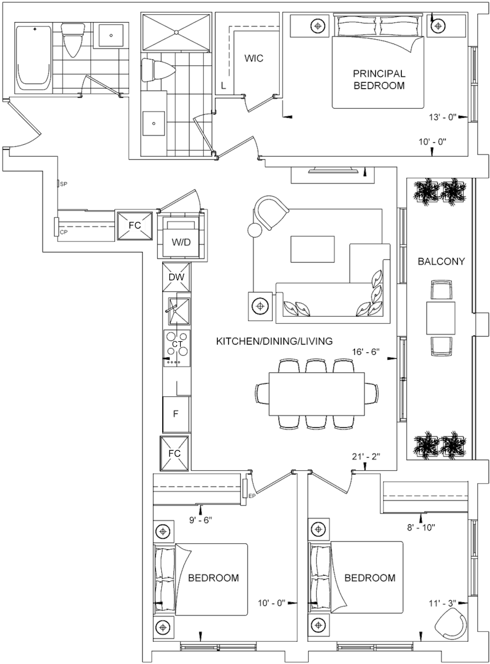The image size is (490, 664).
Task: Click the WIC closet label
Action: coord(254,58)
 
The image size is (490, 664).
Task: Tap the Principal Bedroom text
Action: coord(380,79)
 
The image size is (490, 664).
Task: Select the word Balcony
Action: coord(442,262)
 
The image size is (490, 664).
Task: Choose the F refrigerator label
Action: coord(176,413)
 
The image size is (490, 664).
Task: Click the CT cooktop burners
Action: coord(177,344)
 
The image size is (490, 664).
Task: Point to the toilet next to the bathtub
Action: coord(71,41)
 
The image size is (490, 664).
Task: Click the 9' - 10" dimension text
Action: coord(427,526)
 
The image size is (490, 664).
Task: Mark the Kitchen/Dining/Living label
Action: coord(275,341)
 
